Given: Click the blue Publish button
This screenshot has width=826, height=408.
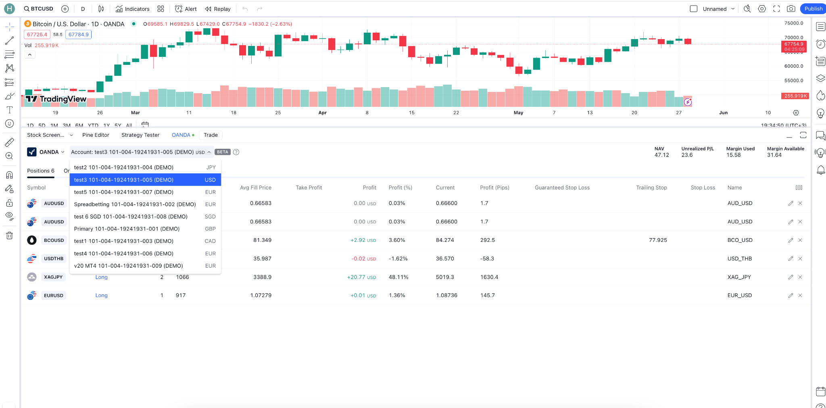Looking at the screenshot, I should [x=813, y=9].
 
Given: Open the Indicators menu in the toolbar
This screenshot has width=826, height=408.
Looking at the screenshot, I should [x=133, y=9].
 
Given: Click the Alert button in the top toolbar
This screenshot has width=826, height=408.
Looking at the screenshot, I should [x=186, y=9].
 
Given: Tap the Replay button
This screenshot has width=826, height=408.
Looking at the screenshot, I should [x=218, y=9].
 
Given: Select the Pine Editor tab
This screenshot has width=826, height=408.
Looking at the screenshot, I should [x=96, y=135].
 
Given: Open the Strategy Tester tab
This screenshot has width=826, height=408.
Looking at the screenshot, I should [x=140, y=135].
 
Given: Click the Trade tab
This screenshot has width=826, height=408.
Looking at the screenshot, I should [x=211, y=135].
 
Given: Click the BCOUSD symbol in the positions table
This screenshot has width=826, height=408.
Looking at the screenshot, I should [x=54, y=240].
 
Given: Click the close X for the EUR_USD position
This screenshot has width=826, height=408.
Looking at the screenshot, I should [x=800, y=296].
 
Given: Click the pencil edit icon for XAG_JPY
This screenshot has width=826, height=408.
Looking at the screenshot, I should [x=791, y=277].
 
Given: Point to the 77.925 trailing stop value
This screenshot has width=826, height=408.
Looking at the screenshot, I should [x=658, y=240].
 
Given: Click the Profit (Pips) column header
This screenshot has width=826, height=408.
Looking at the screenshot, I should [x=494, y=187].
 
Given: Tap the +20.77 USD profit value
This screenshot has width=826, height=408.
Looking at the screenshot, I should [x=361, y=277].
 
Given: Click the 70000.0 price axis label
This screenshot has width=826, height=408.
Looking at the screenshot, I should [x=793, y=37].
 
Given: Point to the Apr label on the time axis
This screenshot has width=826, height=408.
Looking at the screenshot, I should [x=322, y=113].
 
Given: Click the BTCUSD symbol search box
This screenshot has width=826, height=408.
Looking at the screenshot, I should [x=39, y=9].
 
